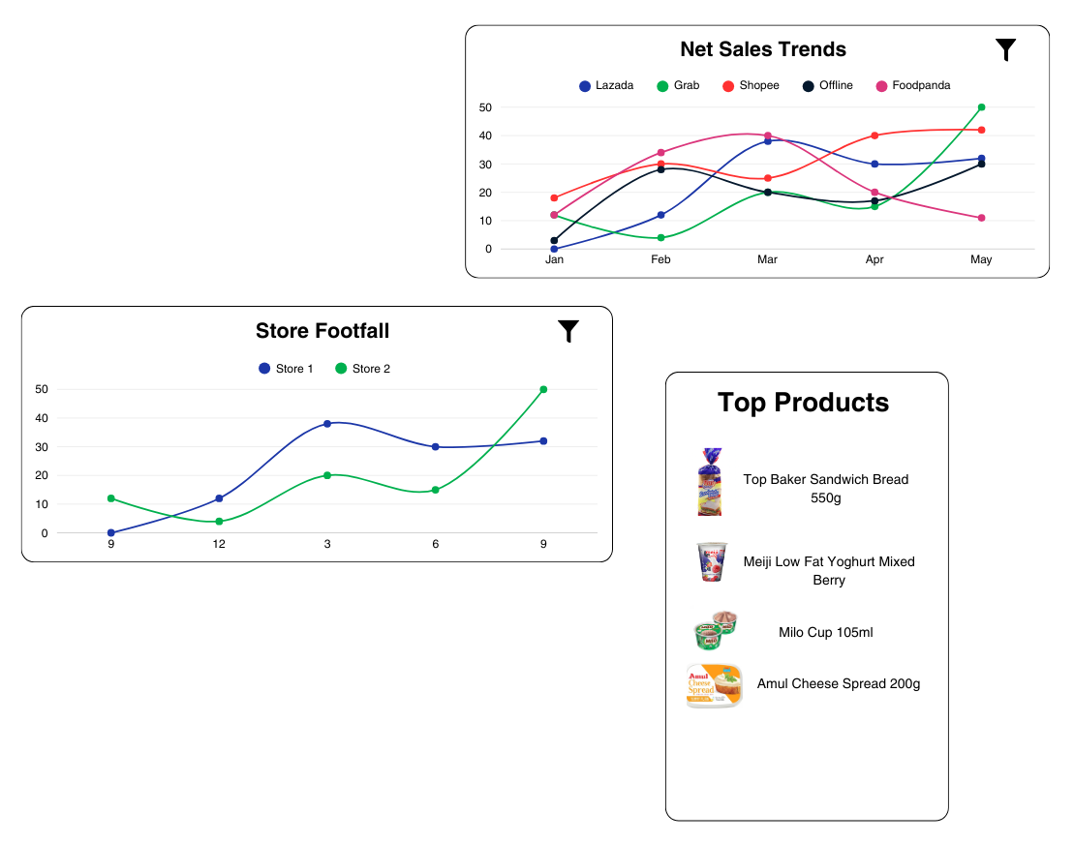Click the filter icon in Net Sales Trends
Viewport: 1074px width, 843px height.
1006,49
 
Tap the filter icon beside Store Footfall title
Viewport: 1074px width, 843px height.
568,331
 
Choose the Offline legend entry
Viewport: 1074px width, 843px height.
828,86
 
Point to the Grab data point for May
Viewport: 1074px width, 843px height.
981,107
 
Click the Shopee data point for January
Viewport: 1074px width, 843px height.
554,198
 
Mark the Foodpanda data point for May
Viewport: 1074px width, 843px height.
981,218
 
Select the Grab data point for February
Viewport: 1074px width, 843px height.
660,238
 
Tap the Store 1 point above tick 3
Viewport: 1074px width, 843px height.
327,424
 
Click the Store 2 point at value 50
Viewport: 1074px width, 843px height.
543,390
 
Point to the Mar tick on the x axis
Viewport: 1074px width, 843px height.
767,260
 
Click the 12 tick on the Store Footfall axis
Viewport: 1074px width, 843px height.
219,545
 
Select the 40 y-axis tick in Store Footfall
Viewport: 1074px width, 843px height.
40,418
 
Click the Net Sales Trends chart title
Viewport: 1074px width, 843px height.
763,49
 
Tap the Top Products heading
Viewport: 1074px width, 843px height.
803,403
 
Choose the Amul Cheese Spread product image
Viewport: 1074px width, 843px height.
714,686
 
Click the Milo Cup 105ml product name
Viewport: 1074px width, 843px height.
825,633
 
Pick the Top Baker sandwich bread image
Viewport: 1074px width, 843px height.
711,481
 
